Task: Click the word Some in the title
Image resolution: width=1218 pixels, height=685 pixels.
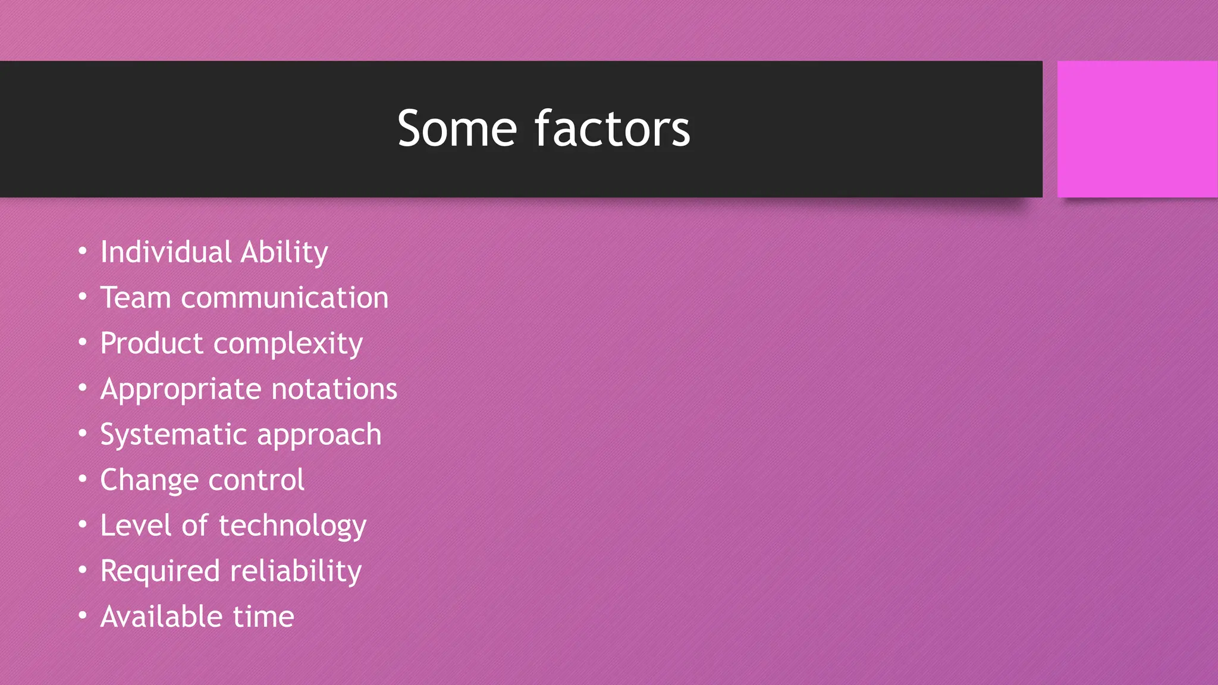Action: pos(457,128)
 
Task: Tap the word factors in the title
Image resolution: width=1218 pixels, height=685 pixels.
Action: pos(613,128)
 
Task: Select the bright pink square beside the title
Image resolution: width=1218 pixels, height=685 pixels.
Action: pos(1137,129)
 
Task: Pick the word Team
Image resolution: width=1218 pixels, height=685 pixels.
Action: pos(136,297)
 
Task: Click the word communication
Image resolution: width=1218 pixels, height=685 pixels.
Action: pos(284,298)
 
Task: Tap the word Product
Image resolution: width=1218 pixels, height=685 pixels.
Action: pos(152,344)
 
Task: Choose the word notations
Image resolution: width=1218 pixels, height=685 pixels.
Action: pos(334,389)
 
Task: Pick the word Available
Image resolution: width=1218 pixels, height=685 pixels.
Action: pos(161,617)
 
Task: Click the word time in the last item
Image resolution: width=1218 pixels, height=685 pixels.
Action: pos(263,617)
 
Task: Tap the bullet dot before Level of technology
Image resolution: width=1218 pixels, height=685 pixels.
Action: pos(83,525)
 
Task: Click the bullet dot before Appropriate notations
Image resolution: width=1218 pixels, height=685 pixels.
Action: pos(83,388)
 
